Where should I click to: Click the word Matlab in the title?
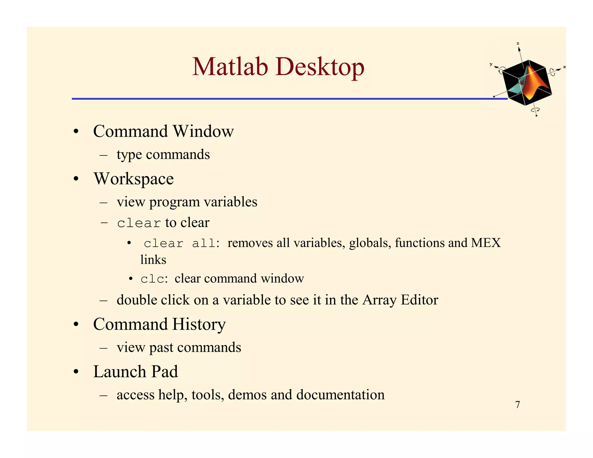coord(230,67)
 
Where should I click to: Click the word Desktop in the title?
coord(320,67)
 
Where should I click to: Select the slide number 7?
coord(518,404)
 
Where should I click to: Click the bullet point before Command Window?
coord(76,132)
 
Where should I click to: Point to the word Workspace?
coord(133,179)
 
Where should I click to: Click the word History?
coord(199,324)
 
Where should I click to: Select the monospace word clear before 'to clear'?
coord(139,223)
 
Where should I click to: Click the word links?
coord(153,260)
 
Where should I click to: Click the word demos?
coord(247,395)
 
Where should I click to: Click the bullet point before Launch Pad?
coord(76,372)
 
